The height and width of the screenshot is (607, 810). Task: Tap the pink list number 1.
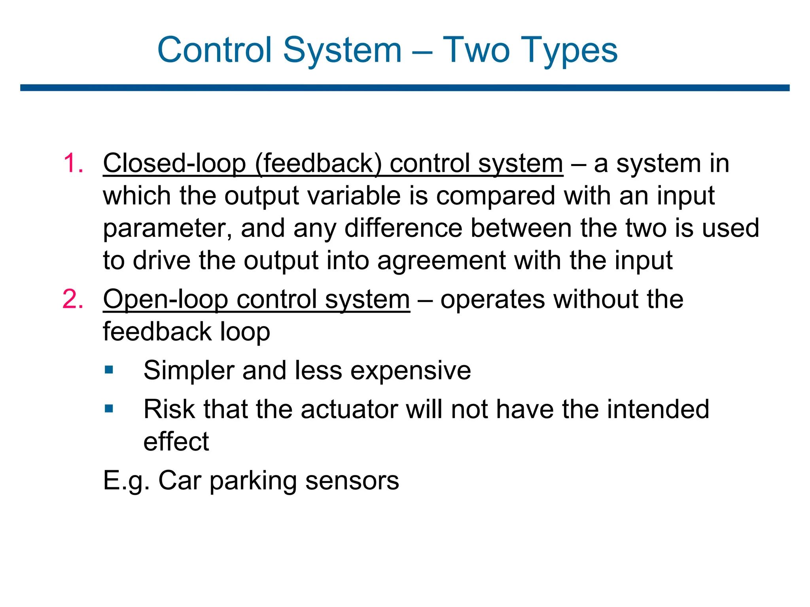point(73,163)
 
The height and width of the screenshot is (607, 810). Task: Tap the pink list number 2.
point(73,299)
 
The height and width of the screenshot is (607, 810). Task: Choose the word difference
point(403,228)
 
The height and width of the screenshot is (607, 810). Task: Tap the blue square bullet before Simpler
point(109,370)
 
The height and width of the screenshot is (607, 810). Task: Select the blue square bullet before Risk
point(109,408)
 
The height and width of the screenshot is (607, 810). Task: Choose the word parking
point(253,481)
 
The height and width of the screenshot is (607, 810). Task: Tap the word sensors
point(352,481)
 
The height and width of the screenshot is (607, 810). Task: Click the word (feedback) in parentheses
point(318,163)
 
